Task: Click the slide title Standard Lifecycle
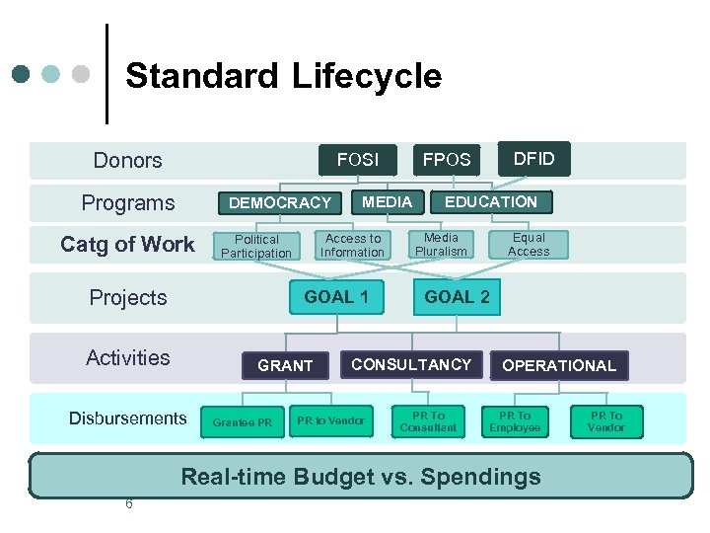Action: (x=283, y=76)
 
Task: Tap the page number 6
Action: (x=128, y=504)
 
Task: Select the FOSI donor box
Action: (x=357, y=160)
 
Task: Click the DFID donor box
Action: (x=533, y=159)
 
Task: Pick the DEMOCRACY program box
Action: (x=280, y=202)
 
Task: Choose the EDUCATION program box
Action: (x=491, y=201)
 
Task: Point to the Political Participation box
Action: (x=256, y=246)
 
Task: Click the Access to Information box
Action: (x=353, y=246)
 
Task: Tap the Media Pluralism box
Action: (x=441, y=245)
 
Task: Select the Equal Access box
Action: (x=529, y=245)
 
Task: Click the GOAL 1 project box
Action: (x=336, y=297)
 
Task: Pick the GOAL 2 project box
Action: (x=457, y=297)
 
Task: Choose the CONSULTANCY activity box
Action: (x=411, y=364)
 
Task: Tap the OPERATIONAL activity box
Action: (x=558, y=365)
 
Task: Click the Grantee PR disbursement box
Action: (x=242, y=422)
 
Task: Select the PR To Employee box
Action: (x=515, y=421)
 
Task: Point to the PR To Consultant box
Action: (x=428, y=421)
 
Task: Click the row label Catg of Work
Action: (x=127, y=244)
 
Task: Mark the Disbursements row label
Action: (x=127, y=419)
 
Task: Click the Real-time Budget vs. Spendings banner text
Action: (x=361, y=477)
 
